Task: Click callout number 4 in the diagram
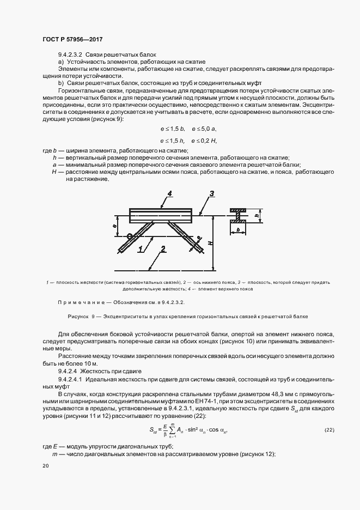[x=170, y=193]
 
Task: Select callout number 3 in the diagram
[x=212, y=193]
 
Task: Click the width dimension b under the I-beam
[x=239, y=231]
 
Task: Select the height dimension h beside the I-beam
[x=257, y=215]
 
